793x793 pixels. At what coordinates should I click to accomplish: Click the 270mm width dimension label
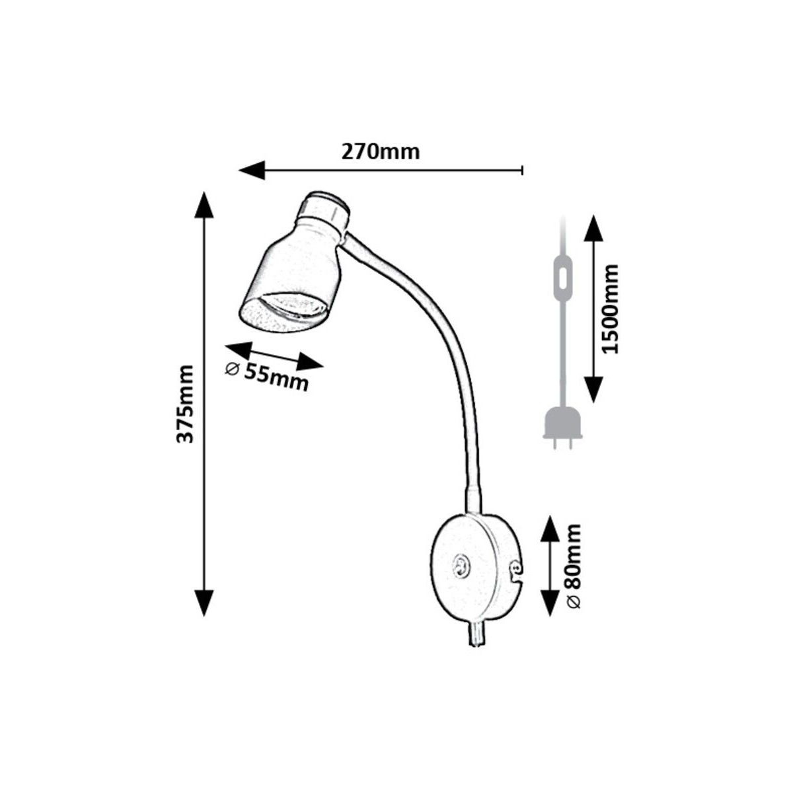(380, 152)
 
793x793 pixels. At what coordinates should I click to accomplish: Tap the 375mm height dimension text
(187, 403)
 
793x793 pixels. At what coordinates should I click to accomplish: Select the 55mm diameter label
(268, 375)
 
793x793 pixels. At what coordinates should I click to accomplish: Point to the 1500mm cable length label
(611, 309)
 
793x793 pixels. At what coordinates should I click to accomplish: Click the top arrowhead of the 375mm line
(204, 204)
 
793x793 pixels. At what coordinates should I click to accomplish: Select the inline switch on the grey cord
(562, 282)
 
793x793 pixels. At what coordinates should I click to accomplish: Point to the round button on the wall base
(459, 566)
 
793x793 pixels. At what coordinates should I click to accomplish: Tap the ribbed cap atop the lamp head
(324, 208)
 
